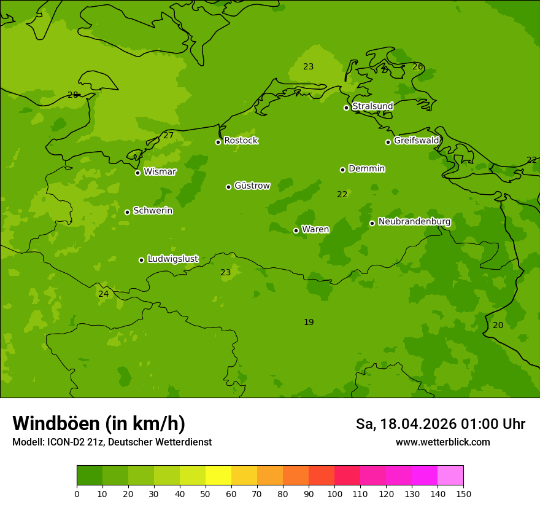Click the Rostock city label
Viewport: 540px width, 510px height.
tap(241, 141)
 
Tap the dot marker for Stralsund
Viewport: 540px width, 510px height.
tap(346, 108)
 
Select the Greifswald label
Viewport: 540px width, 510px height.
tap(417, 141)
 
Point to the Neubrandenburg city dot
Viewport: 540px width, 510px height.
tap(372, 223)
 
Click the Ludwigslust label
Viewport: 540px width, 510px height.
tap(172, 259)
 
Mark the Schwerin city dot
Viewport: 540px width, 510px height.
tap(127, 212)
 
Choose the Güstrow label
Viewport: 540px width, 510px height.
tap(252, 186)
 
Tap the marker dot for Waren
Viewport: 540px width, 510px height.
tap(296, 230)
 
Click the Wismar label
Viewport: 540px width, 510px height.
tap(160, 172)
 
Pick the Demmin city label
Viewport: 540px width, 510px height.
tap(367, 168)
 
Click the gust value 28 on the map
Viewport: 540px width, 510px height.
tap(73, 95)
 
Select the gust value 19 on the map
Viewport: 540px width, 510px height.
tap(309, 322)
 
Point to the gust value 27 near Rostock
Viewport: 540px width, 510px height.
tap(169, 135)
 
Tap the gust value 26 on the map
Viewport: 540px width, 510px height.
tap(417, 66)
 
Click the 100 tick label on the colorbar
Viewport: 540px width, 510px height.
tap(334, 493)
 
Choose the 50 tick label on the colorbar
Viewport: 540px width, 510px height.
tap(206, 493)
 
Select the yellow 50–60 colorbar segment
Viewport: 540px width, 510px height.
tap(218, 476)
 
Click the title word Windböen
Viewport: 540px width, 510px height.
tap(56, 423)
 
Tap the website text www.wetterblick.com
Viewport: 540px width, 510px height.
tap(442, 442)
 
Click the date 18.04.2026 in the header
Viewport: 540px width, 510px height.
tap(418, 424)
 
